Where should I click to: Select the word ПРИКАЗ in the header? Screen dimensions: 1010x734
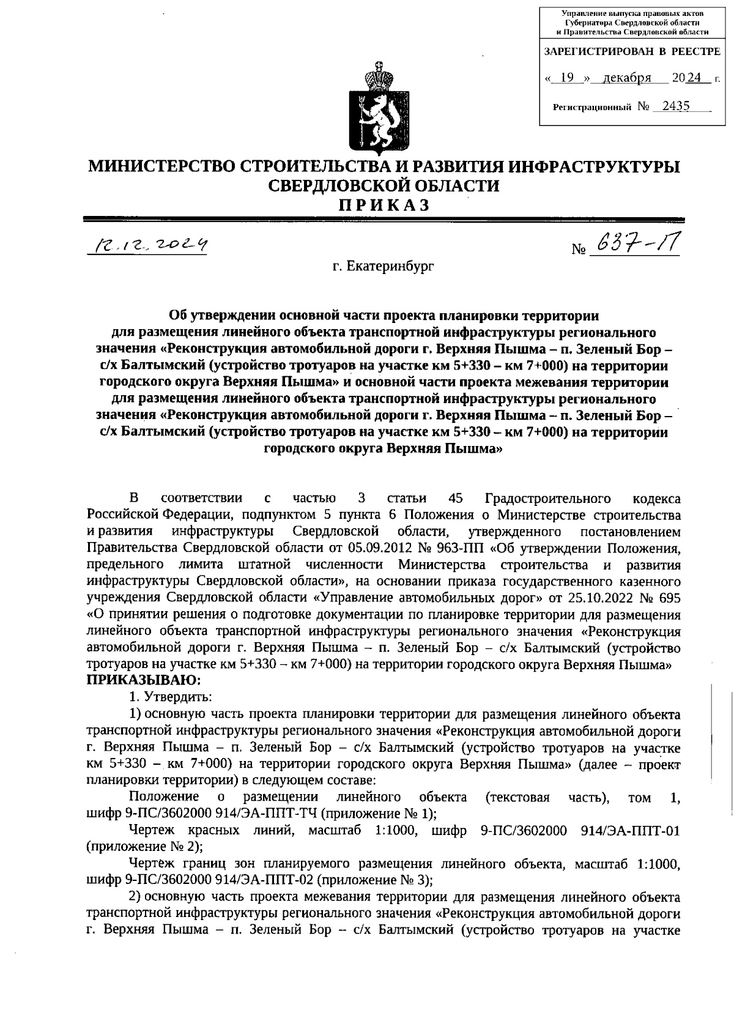coord(384,206)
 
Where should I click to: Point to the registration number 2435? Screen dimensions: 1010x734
coord(670,106)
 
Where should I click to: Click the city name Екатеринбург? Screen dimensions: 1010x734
coord(383,267)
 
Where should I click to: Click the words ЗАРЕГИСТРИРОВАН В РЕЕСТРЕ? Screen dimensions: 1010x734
coord(632,52)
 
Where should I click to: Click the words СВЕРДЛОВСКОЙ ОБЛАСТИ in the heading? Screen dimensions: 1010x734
coord(384,185)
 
